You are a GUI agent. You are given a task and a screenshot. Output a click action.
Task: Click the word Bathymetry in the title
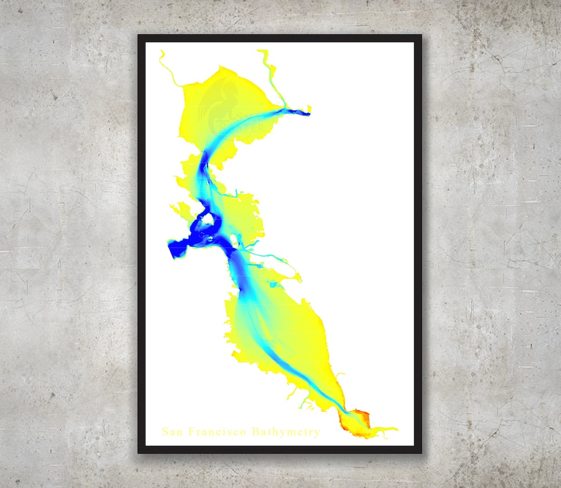pyautogui.click(x=286, y=432)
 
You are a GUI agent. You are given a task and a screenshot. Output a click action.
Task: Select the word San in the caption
pyautogui.click(x=172, y=432)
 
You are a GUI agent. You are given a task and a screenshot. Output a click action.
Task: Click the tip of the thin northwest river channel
pyautogui.click(x=162, y=52)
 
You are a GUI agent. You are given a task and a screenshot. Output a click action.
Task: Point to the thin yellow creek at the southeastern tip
pyautogui.click(x=387, y=429)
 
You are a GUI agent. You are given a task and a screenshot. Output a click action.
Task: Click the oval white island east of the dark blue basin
pyautogui.click(x=234, y=241)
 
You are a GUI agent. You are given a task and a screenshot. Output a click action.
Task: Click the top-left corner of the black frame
pyautogui.click(x=138, y=35)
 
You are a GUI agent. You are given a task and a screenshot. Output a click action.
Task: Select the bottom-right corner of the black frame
pyautogui.click(x=421, y=453)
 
